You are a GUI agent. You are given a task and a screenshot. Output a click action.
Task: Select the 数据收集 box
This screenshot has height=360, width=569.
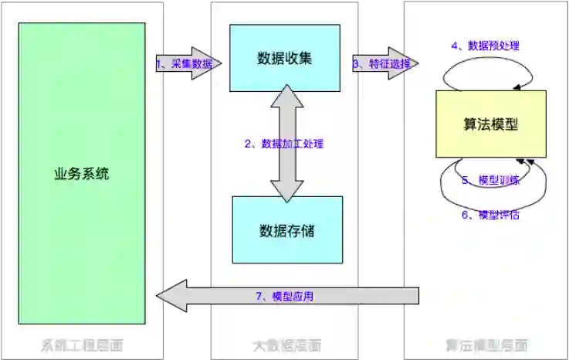click(285, 59)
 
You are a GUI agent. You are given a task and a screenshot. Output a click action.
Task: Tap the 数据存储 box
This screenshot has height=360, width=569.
click(287, 229)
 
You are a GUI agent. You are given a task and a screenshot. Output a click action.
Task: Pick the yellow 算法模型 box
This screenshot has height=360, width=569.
click(491, 124)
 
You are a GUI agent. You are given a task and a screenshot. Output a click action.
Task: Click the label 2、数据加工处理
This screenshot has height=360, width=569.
click(284, 144)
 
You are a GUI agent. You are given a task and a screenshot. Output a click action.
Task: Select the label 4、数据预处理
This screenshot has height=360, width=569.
click(485, 46)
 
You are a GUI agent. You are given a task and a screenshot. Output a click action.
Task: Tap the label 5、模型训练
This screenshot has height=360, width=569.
click(490, 180)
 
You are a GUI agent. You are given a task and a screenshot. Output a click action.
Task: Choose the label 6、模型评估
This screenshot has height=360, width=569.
click(490, 215)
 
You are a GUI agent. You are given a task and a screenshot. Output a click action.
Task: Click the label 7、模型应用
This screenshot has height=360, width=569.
click(283, 296)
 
